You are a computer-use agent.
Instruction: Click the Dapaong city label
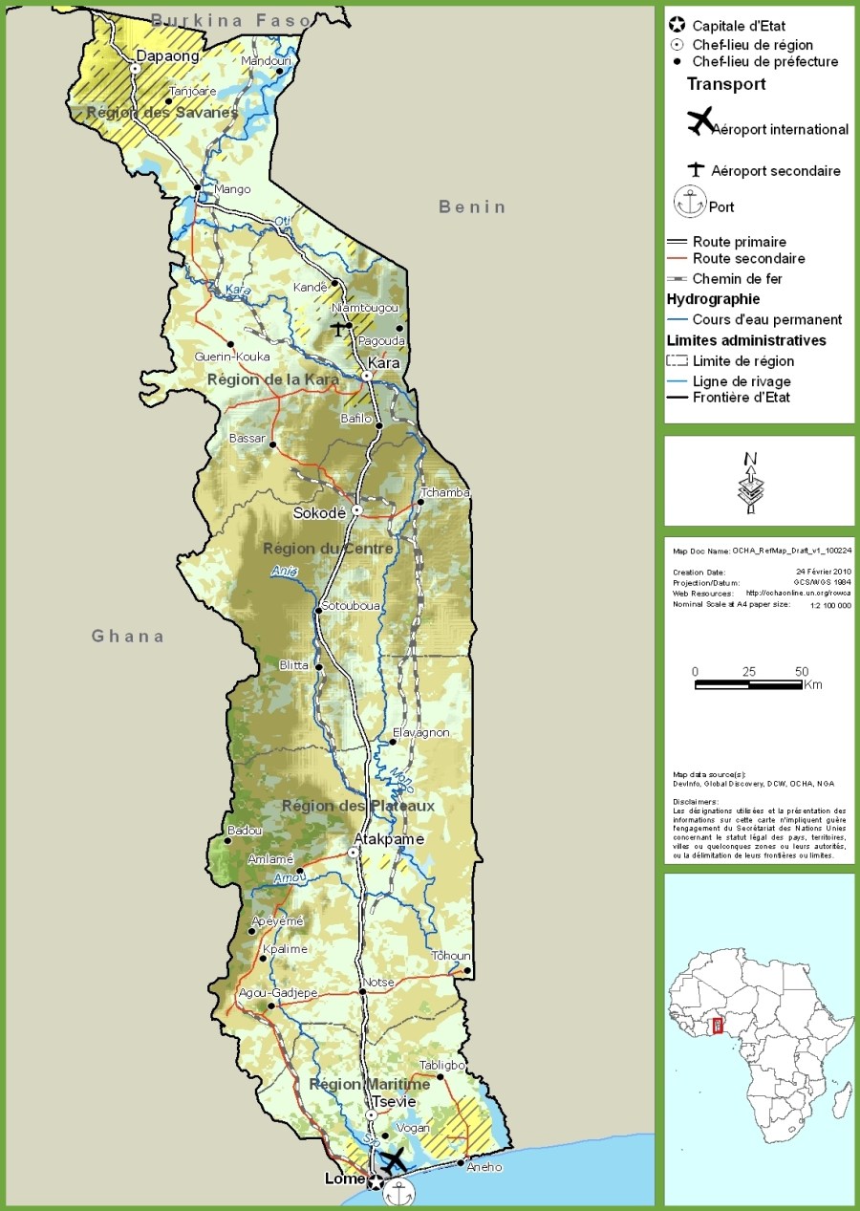click(x=167, y=56)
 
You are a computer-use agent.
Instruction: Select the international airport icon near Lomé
click(x=393, y=1161)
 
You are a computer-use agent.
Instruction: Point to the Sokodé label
click(x=319, y=513)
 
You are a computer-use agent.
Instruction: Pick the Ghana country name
click(x=128, y=637)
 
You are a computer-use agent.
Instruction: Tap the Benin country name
click(x=472, y=207)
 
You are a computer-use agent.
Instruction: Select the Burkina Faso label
click(x=231, y=20)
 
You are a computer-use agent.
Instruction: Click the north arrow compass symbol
click(x=751, y=483)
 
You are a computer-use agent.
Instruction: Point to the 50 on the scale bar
click(x=802, y=671)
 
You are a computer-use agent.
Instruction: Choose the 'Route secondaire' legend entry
click(x=748, y=258)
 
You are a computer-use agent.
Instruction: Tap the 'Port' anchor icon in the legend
click(x=688, y=203)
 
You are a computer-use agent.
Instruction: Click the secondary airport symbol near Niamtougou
click(x=338, y=328)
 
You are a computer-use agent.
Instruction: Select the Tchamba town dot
click(x=420, y=502)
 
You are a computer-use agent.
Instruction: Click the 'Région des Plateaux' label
click(x=357, y=806)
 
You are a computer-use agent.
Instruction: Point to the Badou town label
click(x=245, y=831)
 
